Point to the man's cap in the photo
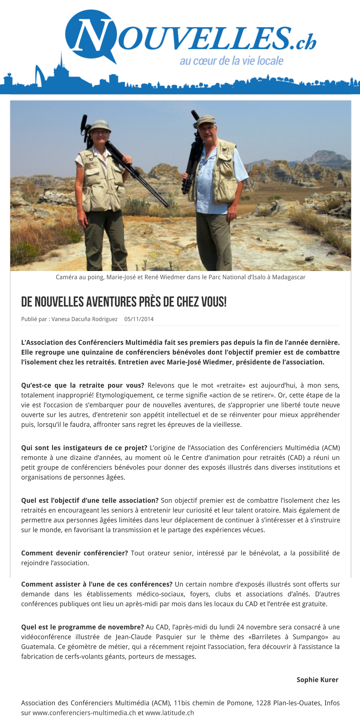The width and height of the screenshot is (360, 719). click(206, 120)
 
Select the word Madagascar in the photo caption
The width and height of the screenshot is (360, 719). click(289, 277)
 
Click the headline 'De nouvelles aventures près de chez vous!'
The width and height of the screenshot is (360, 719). click(124, 302)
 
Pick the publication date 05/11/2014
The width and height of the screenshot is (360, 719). click(139, 319)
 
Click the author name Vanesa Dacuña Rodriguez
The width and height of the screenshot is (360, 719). click(84, 319)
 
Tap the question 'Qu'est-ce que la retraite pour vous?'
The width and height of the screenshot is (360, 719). click(83, 385)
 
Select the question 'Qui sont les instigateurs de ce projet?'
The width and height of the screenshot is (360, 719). click(84, 448)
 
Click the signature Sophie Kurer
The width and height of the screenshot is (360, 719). click(317, 680)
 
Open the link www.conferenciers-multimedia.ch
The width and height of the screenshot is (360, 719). click(84, 713)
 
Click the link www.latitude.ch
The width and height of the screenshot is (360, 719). click(169, 713)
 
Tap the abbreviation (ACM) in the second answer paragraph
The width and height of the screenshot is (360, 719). click(331, 448)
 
